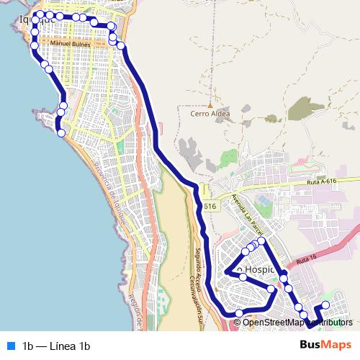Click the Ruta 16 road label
[x=306, y=257]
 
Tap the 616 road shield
[x=210, y=207]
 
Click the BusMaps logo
[x=326, y=345]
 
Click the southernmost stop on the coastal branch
[x=61, y=132]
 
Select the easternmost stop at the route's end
[x=325, y=305]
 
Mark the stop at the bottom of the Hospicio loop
[x=239, y=312]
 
